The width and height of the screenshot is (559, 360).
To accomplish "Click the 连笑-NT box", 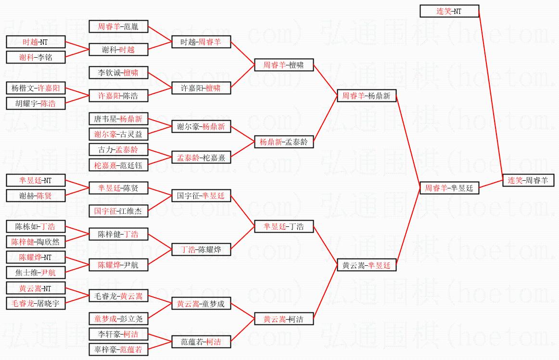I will click(x=449, y=11).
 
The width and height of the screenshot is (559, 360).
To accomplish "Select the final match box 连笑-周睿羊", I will click(x=528, y=180).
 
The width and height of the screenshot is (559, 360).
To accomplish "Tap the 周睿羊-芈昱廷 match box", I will click(x=449, y=188).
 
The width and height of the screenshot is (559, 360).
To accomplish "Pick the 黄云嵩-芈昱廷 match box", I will click(x=366, y=265).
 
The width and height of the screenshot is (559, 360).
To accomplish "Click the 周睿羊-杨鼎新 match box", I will click(x=366, y=96).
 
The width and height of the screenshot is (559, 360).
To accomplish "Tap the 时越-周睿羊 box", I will click(x=201, y=42).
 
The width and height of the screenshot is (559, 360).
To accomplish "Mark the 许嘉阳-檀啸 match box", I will click(x=201, y=88).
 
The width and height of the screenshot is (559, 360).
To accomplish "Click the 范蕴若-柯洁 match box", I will click(x=201, y=342).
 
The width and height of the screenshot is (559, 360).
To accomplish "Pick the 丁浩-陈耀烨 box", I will click(x=201, y=249).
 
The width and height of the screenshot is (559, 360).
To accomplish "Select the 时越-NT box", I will click(x=35, y=42).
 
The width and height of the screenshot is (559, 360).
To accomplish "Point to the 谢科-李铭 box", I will click(x=35, y=57).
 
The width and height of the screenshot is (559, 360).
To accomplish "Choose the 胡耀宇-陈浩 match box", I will click(x=35, y=103).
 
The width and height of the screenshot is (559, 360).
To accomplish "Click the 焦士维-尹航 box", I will click(x=35, y=273).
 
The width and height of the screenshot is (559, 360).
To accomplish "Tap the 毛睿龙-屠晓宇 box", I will click(x=35, y=303).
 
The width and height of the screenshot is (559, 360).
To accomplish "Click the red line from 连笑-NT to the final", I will click(x=491, y=91).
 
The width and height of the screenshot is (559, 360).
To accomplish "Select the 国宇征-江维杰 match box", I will click(x=118, y=211).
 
